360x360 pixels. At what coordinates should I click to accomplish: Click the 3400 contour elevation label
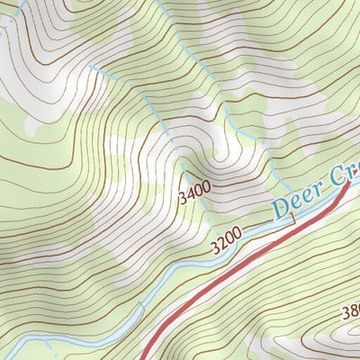(194, 192)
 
